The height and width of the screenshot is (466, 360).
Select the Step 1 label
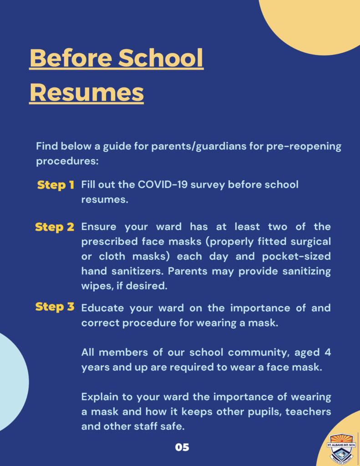click(x=56, y=185)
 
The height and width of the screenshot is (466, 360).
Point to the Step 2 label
click(x=55, y=227)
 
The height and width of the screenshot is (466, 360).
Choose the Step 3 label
click(x=55, y=307)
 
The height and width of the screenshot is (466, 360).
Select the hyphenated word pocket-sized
click(x=296, y=256)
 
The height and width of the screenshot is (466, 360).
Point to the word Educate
click(x=102, y=308)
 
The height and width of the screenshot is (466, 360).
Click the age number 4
click(x=328, y=353)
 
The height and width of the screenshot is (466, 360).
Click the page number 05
click(x=182, y=447)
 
